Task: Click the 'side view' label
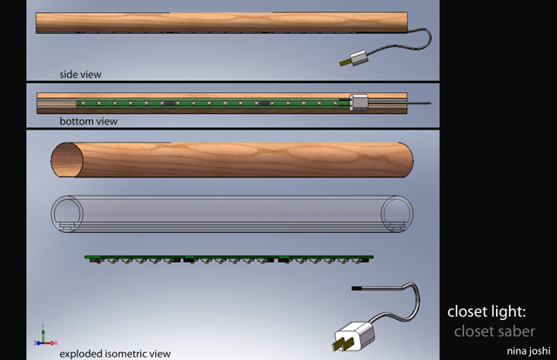80,74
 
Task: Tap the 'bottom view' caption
88,121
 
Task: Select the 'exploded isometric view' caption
115,353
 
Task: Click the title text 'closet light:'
499,311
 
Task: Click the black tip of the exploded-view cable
356,285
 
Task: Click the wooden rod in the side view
218,23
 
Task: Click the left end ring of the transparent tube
64,214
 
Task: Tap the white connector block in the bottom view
359,103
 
